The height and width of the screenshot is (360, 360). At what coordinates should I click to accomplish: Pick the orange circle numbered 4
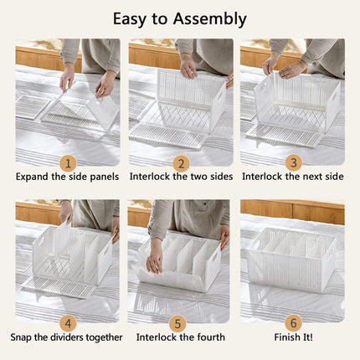(67, 321)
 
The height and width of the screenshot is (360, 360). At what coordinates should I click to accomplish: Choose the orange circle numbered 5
(181, 321)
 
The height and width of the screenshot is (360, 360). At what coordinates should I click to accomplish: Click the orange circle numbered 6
(293, 321)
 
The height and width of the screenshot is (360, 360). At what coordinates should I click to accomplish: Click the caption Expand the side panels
(67, 177)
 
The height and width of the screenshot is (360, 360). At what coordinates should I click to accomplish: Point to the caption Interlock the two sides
(181, 177)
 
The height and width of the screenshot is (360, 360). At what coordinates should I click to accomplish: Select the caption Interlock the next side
(293, 177)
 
